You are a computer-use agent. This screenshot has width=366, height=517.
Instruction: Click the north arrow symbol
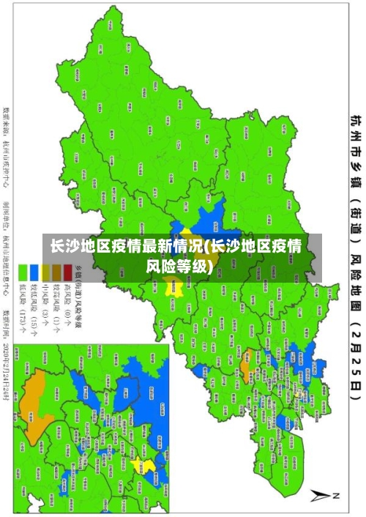(x=320, y=495)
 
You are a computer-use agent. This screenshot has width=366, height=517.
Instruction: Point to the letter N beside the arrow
(x=337, y=496)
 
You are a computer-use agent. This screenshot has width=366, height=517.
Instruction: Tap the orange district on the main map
(x=246, y=338)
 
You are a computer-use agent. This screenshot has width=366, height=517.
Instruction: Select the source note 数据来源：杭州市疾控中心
(x=7, y=146)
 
